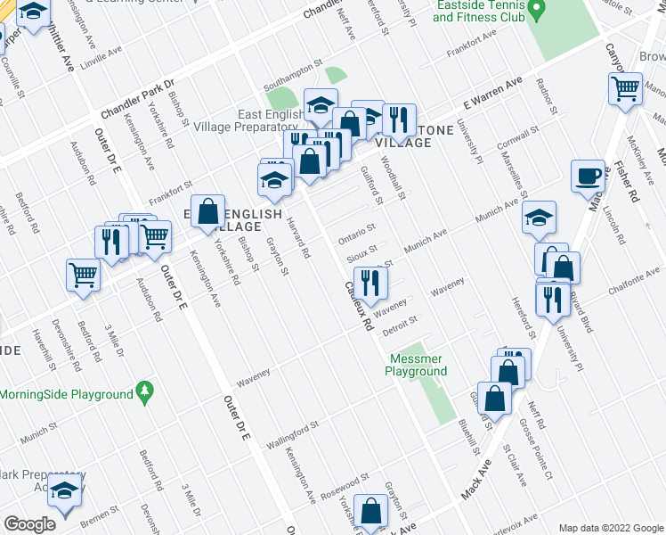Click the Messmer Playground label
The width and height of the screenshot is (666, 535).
(418, 365)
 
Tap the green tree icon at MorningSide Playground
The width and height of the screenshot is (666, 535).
(143, 391)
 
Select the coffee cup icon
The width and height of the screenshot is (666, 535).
(588, 176)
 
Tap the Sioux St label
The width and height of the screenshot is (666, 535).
(361, 252)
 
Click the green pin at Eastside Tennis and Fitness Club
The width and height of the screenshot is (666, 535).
(536, 12)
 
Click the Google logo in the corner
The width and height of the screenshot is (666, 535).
(28, 524)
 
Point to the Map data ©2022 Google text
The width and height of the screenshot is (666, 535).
(610, 528)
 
